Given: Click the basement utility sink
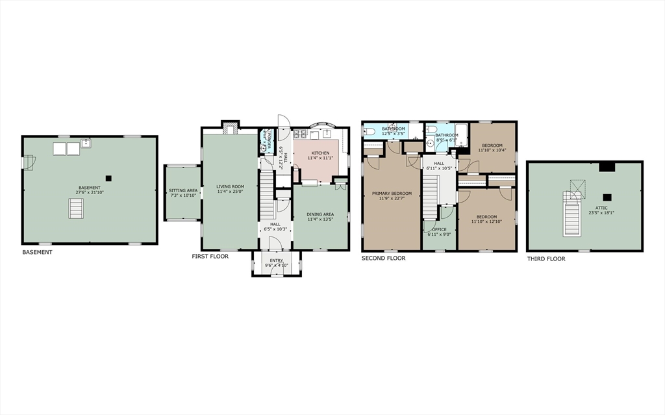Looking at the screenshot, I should tap(86, 144).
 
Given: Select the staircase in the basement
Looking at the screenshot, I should tap(77, 209).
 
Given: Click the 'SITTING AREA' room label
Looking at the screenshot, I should tap(182, 191).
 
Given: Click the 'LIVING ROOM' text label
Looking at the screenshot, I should tap(230, 187).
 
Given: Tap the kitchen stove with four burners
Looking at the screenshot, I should tap(301, 134).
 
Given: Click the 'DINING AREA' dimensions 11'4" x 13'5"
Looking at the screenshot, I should tap(320, 220).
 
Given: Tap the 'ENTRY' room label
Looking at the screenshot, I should tap(276, 260).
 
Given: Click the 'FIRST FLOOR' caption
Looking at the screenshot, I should tap(210, 257).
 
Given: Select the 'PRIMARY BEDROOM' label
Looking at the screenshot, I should tap(392, 194).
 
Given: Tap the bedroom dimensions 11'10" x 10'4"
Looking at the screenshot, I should tap(492, 151).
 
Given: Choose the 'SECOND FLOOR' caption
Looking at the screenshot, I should tap(383, 258).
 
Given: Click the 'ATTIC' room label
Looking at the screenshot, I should tap(584, 207).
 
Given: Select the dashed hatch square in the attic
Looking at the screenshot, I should tap(574, 186).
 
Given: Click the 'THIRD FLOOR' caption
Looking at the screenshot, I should tap(546, 258).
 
